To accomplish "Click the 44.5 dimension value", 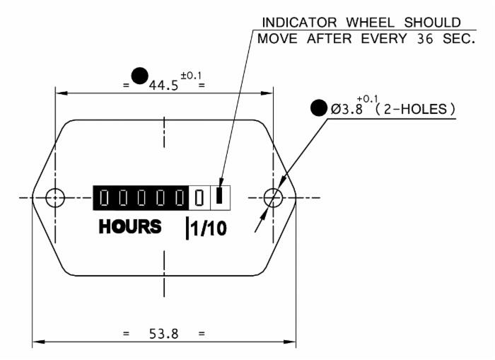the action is click(x=163, y=86).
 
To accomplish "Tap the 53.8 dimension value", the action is click(x=163, y=334).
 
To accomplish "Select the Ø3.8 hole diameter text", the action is click(x=346, y=109).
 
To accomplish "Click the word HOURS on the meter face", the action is click(x=130, y=226).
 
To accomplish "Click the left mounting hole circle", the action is click(x=55, y=198).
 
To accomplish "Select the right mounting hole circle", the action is click(x=273, y=198).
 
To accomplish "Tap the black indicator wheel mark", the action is click(x=219, y=195).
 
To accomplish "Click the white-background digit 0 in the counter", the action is click(x=199, y=198).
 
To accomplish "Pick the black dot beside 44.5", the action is click(x=139, y=76).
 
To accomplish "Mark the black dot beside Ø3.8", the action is click(x=319, y=108).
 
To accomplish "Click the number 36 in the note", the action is click(x=425, y=39).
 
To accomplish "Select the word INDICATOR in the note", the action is click(x=300, y=23).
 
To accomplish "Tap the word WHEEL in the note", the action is click(x=371, y=23).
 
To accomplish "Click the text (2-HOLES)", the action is click(x=415, y=109).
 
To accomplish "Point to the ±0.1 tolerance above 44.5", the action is click(x=191, y=76).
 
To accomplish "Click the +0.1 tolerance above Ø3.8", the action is click(x=368, y=99).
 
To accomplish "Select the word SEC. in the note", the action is click(x=459, y=39).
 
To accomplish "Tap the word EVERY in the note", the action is click(x=384, y=39).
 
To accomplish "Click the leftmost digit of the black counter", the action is click(x=104, y=198).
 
